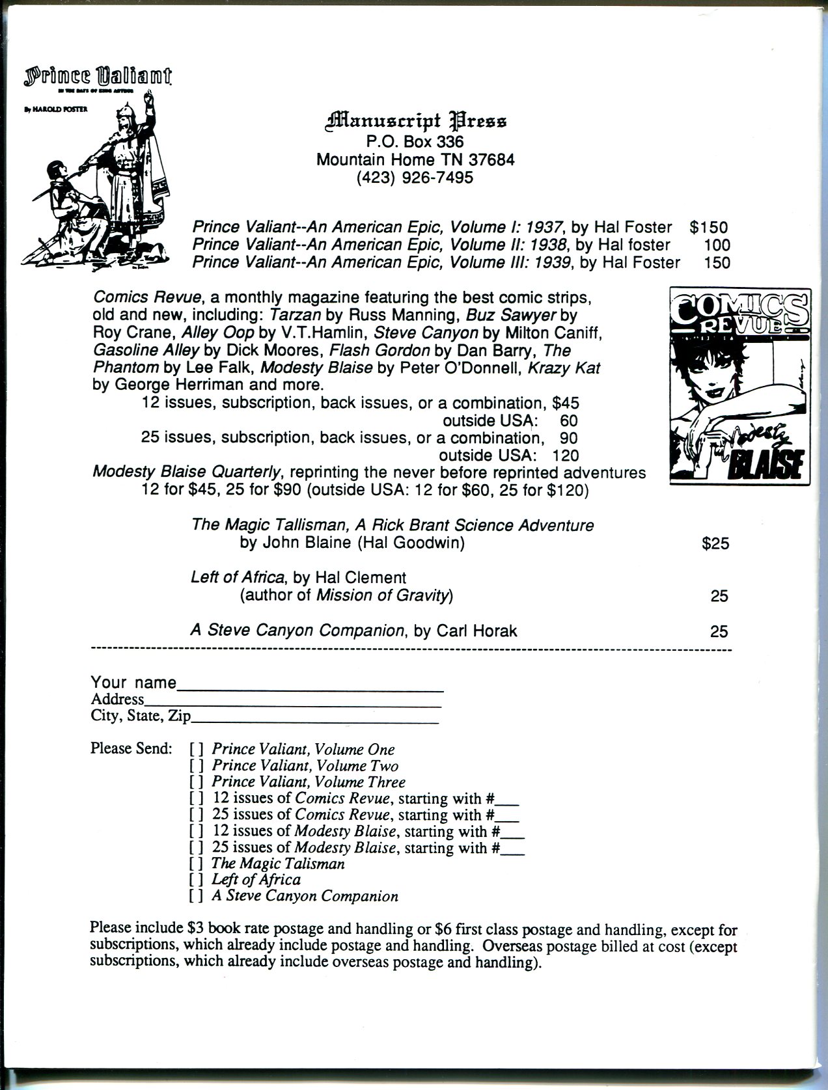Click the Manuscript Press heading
pos(415,121)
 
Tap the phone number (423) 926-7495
pos(415,178)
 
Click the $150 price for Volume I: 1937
pos(708,227)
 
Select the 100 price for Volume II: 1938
pos(717,245)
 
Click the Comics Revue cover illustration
pos(740,387)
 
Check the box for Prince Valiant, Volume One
pos(197,750)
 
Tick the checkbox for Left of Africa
pos(197,880)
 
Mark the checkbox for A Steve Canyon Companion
pos(197,897)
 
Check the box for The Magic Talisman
pos(197,864)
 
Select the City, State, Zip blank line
pos(315,721)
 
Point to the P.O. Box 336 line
pos(415,141)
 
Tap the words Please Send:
pos(131,748)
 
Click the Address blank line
pos(293,704)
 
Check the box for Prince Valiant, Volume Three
pos(197,782)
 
